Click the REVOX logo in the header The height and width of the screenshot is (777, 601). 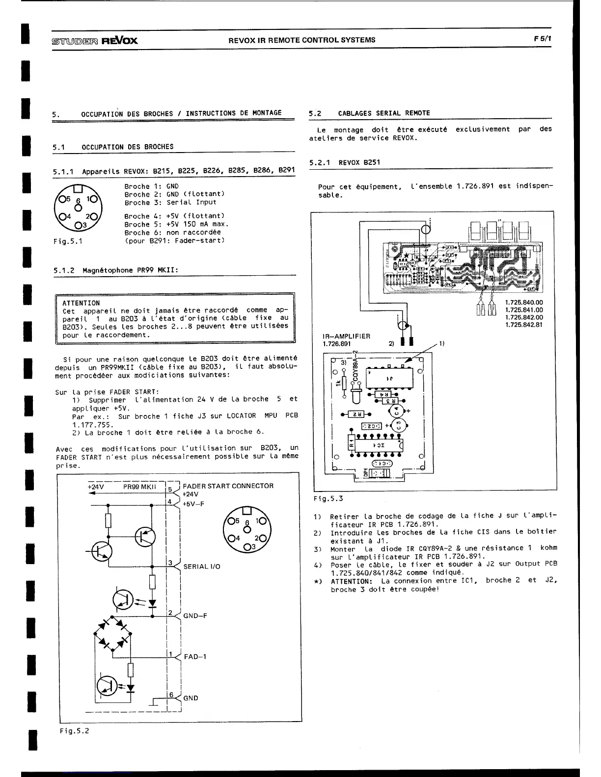(119, 40)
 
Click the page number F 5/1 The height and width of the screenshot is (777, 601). (541, 39)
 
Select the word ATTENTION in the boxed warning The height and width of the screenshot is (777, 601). (81, 303)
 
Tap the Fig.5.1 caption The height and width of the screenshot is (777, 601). (68, 241)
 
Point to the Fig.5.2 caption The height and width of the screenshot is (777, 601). (74, 731)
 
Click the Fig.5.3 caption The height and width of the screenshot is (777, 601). (328, 498)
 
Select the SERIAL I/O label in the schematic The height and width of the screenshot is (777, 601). (201, 567)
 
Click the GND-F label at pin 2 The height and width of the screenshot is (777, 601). (195, 616)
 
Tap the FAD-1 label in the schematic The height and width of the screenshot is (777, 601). (195, 656)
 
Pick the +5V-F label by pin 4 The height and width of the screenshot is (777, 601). (193, 504)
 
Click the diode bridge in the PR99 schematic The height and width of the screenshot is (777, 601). (113, 633)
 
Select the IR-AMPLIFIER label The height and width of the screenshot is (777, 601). (346, 336)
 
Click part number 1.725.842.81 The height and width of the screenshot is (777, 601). (524, 325)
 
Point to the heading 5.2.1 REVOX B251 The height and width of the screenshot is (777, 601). (345, 162)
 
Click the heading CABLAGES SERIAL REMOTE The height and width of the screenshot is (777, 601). (383, 113)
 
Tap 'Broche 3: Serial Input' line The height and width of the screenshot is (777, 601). (170, 202)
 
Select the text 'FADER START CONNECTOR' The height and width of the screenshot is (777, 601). (228, 486)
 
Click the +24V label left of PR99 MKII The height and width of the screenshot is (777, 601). (96, 487)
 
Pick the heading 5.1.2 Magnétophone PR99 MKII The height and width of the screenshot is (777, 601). (115, 270)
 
